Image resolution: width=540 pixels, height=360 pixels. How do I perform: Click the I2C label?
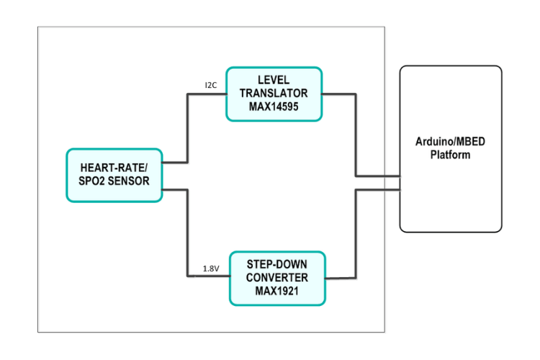(210, 85)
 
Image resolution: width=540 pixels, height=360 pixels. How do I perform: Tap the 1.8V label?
(210, 269)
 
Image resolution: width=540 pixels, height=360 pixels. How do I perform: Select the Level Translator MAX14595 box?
(274, 94)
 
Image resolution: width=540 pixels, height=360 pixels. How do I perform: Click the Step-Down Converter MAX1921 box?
(276, 278)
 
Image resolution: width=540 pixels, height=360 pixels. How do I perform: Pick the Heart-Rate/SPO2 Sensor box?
(114, 175)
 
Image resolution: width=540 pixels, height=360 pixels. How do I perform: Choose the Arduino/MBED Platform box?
(450, 149)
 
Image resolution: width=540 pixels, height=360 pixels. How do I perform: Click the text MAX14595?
(274, 107)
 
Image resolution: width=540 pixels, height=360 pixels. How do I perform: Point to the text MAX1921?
(276, 291)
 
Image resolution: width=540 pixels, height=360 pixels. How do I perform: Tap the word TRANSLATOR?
(274, 94)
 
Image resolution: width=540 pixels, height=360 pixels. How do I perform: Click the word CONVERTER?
(276, 278)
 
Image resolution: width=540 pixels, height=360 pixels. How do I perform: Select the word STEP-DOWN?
(276, 265)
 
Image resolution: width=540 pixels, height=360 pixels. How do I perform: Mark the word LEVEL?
(274, 81)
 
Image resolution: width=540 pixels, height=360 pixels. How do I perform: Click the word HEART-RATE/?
(114, 168)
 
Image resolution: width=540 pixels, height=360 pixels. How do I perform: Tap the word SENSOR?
(130, 181)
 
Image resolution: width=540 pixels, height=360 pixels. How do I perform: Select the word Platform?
(450, 155)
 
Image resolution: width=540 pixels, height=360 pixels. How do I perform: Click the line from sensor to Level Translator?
(187, 130)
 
